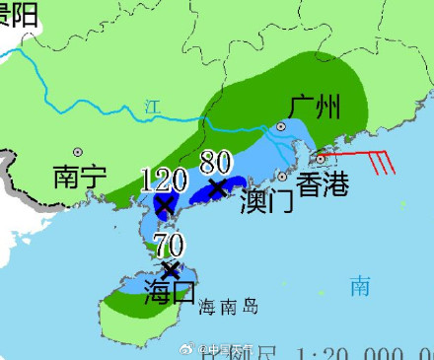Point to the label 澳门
(x=266, y=201)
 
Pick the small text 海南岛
(x=227, y=308)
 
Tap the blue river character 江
(x=151, y=106)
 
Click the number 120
(x=164, y=180)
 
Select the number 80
(x=217, y=161)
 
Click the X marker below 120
(x=164, y=205)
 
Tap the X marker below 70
(x=171, y=269)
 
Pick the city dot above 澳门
(x=282, y=177)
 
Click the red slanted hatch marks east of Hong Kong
(x=380, y=162)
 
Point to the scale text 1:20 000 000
(x=364, y=352)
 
